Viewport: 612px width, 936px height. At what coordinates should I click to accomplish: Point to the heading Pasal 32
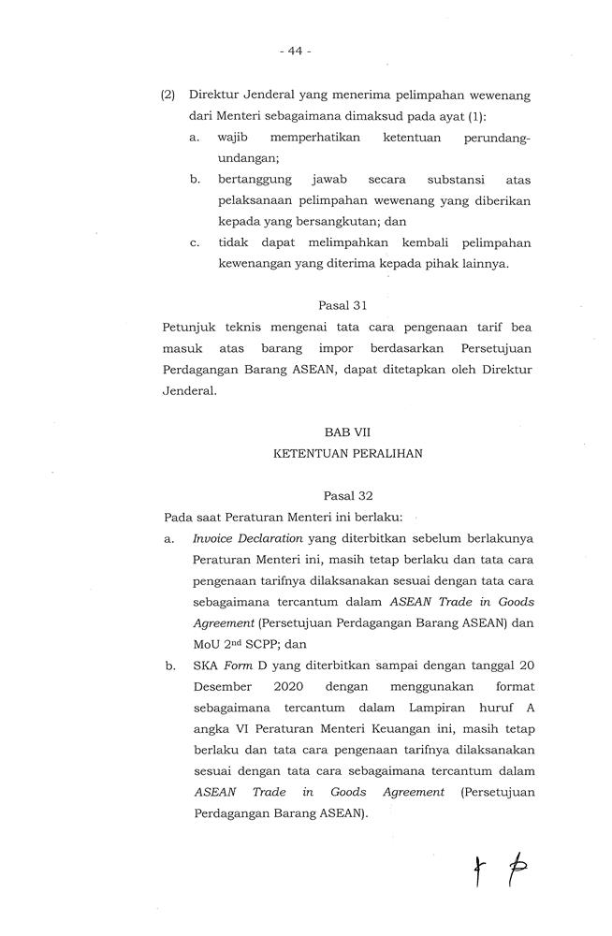(347, 493)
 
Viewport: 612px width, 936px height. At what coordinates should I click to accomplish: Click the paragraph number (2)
(168, 95)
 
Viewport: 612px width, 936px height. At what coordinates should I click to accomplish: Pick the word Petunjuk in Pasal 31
(187, 328)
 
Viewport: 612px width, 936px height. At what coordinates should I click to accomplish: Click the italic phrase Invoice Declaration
(247, 538)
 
